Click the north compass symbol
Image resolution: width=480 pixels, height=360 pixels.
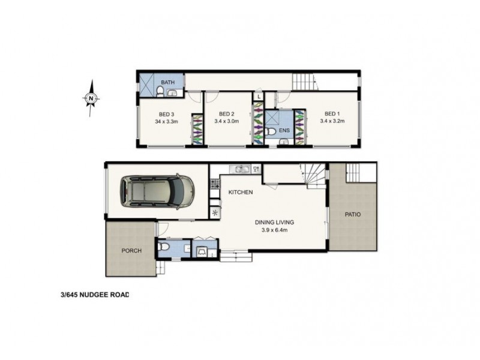point(90,98)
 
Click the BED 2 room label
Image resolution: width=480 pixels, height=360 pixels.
point(226,114)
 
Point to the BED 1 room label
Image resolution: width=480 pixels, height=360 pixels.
point(332,114)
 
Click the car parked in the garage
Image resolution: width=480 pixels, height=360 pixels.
point(157,191)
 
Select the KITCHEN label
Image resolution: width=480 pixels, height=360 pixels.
point(241,192)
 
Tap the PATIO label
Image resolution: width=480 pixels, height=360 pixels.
point(352,214)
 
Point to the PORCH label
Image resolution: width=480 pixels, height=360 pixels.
point(131,251)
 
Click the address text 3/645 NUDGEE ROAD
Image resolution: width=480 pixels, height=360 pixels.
point(95,295)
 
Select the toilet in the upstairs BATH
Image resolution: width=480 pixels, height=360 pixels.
point(161,91)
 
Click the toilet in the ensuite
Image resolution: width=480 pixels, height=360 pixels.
point(271,131)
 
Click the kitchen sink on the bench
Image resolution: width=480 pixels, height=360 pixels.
point(242,169)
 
